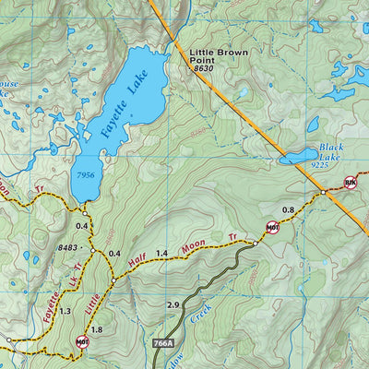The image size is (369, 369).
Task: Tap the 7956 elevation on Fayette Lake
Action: click(86, 174)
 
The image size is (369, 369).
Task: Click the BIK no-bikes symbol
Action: click(350, 183)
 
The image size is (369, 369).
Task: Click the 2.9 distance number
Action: click(173, 304)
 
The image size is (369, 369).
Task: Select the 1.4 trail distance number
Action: click(161, 253)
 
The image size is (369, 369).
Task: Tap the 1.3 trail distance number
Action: click(65, 312)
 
